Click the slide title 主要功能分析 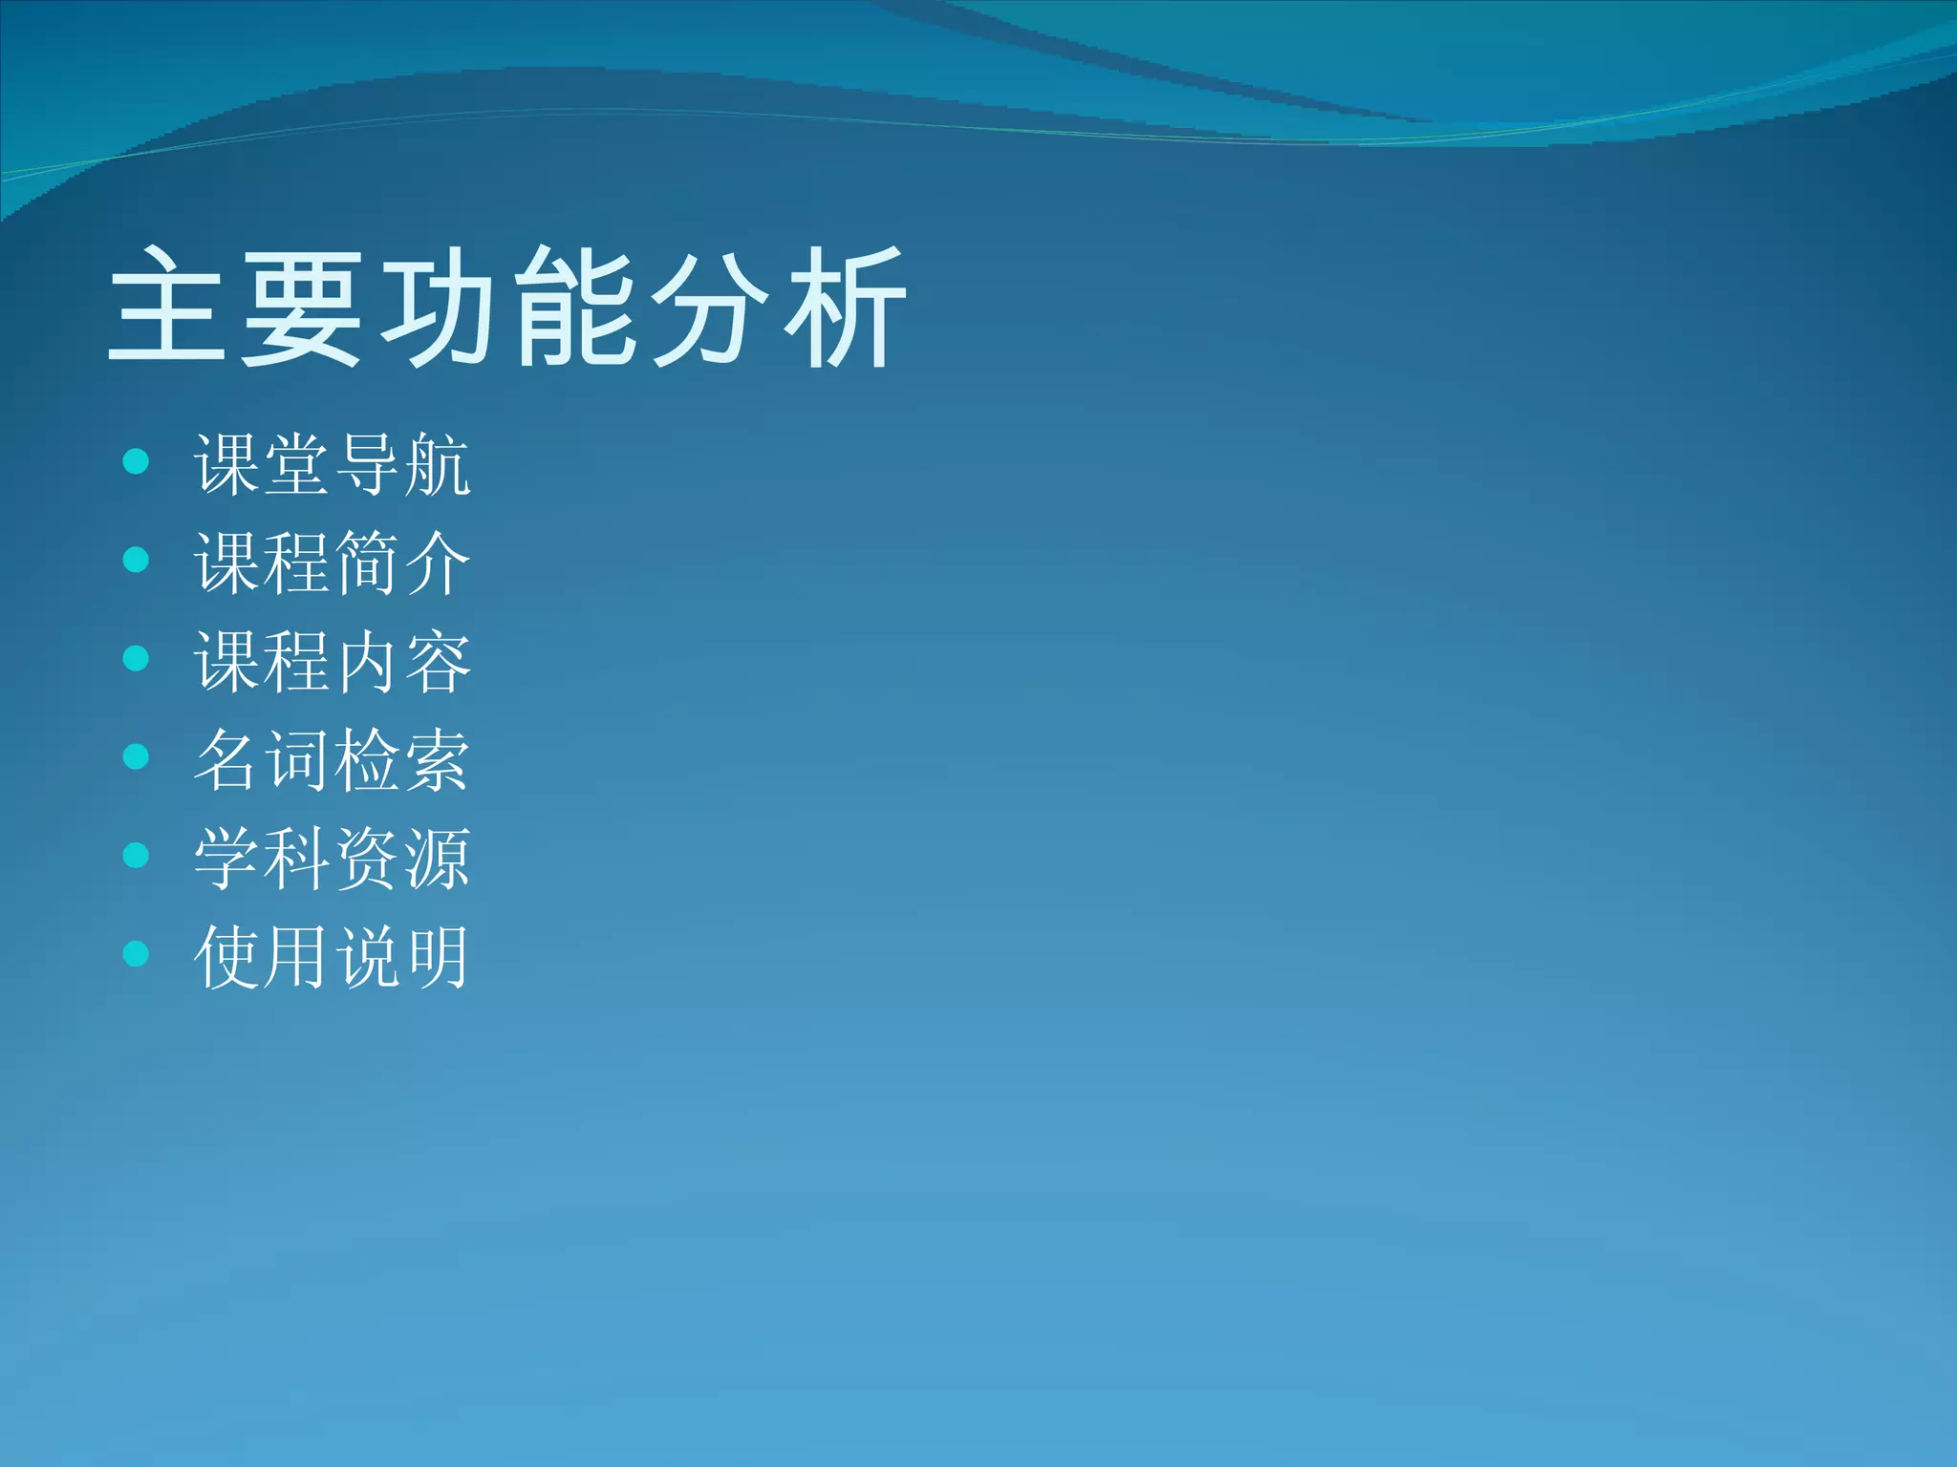pyautogui.click(x=506, y=308)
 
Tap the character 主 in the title pyautogui.click(x=167, y=308)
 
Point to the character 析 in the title pyautogui.click(x=845, y=308)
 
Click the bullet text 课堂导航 pyautogui.click(x=332, y=465)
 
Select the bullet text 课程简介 pyautogui.click(x=332, y=563)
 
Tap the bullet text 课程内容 pyautogui.click(x=332, y=662)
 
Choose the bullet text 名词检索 pyautogui.click(x=332, y=760)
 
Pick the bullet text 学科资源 pyautogui.click(x=332, y=859)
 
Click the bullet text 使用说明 pyautogui.click(x=332, y=957)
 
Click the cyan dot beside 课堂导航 pyautogui.click(x=137, y=461)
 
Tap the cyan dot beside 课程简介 pyautogui.click(x=137, y=560)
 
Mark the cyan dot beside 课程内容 pyautogui.click(x=137, y=658)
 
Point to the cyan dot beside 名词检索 pyautogui.click(x=137, y=756)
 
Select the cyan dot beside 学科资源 pyautogui.click(x=137, y=855)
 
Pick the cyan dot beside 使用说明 pyautogui.click(x=137, y=953)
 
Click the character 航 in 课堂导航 pyautogui.click(x=437, y=465)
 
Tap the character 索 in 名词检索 pyautogui.click(x=437, y=760)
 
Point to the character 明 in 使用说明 pyautogui.click(x=437, y=957)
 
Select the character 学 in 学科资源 pyautogui.click(x=226, y=859)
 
